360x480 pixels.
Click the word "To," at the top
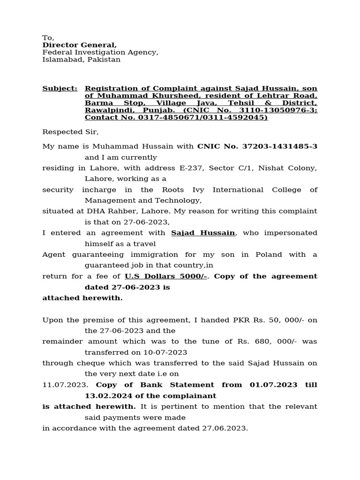pos(48,37)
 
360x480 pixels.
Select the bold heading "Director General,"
pos(80,45)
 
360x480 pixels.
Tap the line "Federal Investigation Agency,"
pos(100,52)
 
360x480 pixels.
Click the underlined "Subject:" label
pos(60,88)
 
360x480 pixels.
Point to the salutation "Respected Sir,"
pos(71,132)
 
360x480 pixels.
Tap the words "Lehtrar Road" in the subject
pos(293,96)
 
